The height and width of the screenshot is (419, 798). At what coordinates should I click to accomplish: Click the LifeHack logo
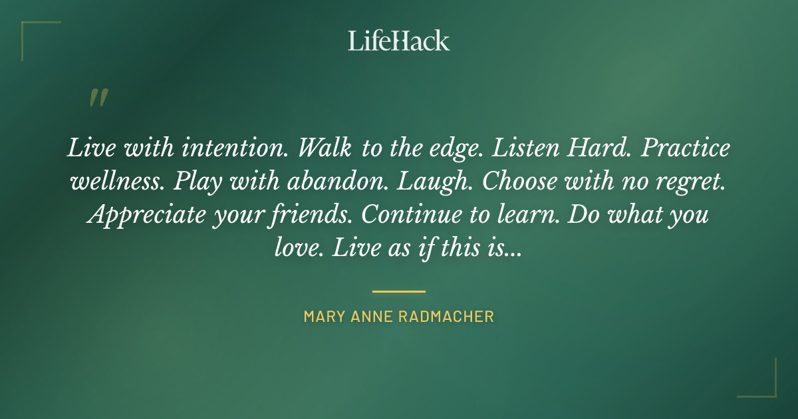click(399, 41)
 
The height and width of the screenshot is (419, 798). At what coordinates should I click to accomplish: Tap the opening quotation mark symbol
click(98, 98)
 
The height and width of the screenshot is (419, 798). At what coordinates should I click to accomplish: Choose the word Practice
click(686, 148)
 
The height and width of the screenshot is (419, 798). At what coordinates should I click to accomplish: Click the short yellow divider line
click(399, 291)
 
